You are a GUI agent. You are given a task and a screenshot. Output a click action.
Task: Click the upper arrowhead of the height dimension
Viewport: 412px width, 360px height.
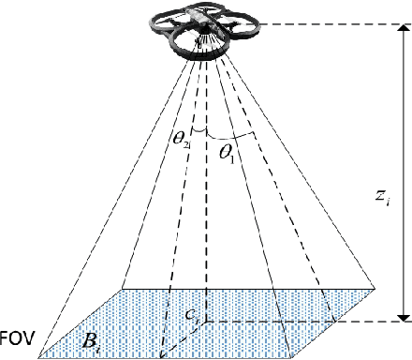404,30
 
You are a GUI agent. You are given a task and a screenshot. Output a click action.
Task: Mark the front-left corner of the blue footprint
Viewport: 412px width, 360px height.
38,357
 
